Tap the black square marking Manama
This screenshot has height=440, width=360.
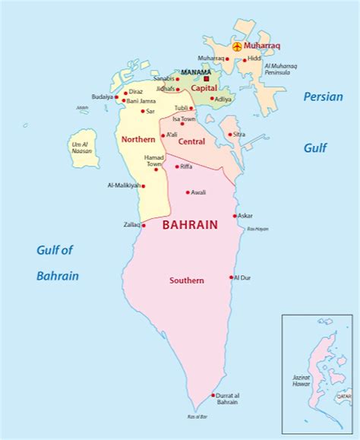click(x=206, y=78)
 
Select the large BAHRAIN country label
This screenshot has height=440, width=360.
click(x=190, y=225)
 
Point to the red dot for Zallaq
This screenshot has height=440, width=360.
click(x=143, y=225)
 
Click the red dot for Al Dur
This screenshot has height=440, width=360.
click(x=231, y=277)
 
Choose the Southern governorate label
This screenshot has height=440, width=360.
click(x=186, y=280)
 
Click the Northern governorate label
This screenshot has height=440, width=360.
click(x=138, y=139)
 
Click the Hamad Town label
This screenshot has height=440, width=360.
click(x=154, y=160)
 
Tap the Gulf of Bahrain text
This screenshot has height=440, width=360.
click(x=58, y=262)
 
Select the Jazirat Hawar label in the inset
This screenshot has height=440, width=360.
click(x=302, y=381)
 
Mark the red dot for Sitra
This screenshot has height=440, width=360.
click(x=230, y=135)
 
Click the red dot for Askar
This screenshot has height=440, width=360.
click(x=235, y=216)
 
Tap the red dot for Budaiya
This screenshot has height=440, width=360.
click(x=116, y=97)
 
